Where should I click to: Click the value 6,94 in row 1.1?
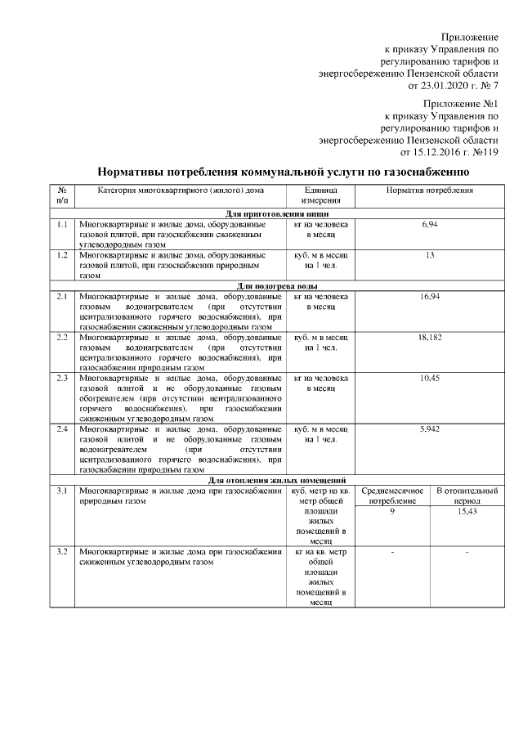point(429,223)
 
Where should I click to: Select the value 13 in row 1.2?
point(429,255)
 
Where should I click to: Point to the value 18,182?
point(429,337)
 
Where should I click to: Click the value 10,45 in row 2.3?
point(429,378)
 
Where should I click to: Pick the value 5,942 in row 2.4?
point(429,428)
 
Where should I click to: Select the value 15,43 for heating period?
point(467,511)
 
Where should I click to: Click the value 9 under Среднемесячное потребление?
point(392,511)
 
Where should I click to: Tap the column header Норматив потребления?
point(429,190)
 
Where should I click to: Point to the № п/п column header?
point(62,195)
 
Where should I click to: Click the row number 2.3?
point(62,378)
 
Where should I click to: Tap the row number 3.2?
point(62,553)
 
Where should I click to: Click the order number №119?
point(482,151)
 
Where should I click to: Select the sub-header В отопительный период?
point(467,496)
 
